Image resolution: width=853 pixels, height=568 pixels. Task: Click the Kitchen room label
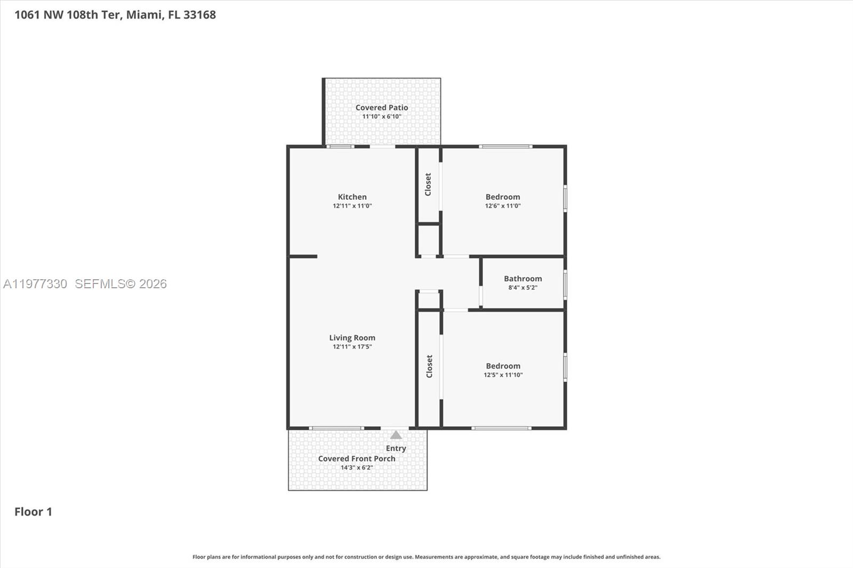coord(352,197)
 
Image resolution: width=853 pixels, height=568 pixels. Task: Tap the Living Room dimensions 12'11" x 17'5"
coord(352,347)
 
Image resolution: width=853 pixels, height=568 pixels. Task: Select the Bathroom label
coord(522,279)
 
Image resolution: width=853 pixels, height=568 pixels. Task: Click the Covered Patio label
coord(382,108)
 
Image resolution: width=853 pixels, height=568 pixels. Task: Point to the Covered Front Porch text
coord(357,459)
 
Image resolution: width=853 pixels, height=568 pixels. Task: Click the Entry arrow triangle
coord(396,435)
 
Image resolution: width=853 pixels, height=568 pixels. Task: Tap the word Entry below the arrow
coord(396,448)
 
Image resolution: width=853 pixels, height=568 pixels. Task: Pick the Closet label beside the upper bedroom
coord(428,184)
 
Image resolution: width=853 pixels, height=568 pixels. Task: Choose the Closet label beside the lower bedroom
coord(429,367)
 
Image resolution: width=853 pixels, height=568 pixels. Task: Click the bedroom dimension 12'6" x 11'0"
coord(502,206)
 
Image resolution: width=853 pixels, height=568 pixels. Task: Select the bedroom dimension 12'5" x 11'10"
coord(503,375)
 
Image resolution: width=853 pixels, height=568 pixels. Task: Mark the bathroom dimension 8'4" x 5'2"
coord(522,288)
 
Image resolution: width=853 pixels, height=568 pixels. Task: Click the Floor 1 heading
coord(33,512)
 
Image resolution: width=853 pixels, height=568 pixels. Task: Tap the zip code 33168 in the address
coord(199,15)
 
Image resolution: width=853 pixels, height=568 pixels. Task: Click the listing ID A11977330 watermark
coord(35,284)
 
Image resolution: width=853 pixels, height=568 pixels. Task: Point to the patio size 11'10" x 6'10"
coord(382,117)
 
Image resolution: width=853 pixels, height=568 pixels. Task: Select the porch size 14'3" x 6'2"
coord(357,468)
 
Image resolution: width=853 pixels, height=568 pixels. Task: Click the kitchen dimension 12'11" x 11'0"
coord(352,206)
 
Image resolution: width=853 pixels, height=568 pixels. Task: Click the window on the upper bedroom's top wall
coord(505,147)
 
